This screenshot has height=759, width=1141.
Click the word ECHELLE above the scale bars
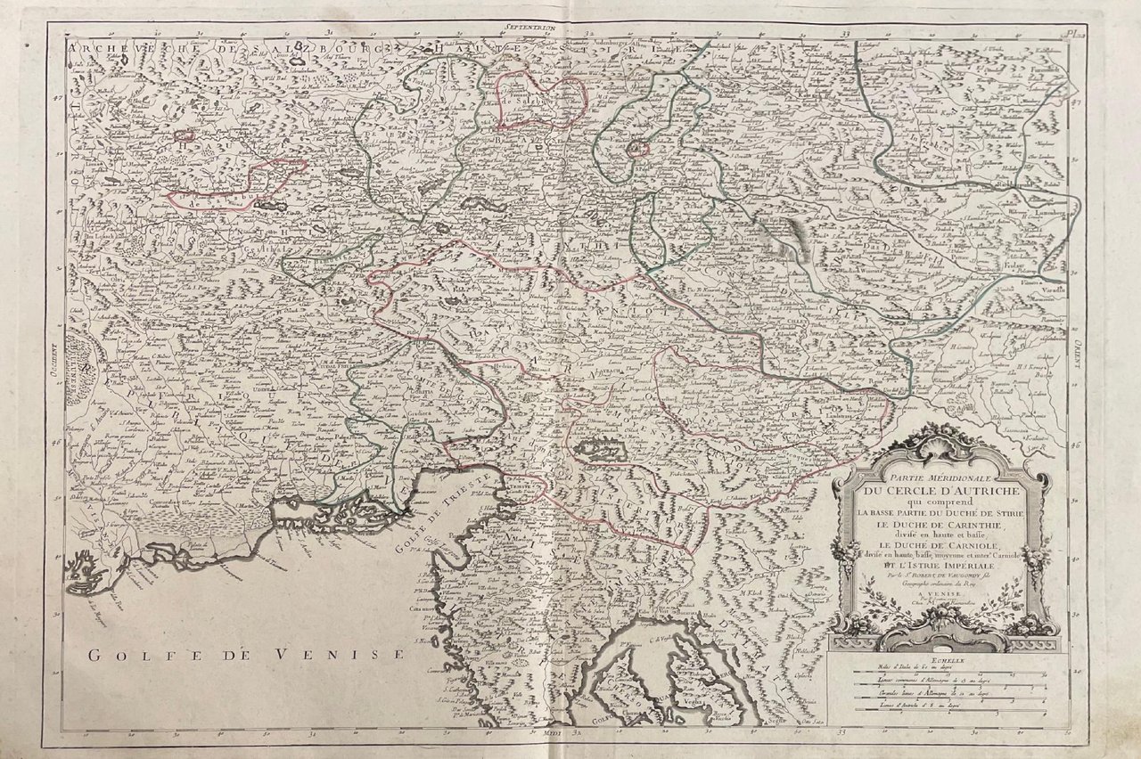[942, 660]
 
